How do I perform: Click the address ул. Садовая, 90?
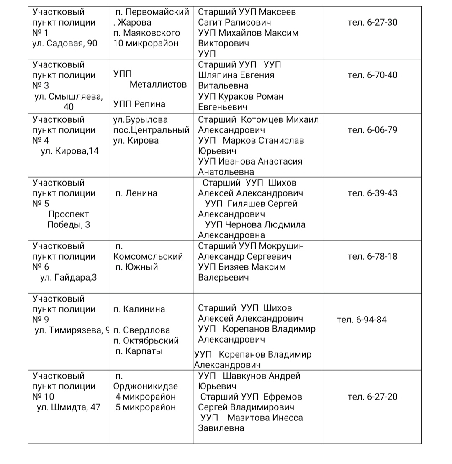[65, 43]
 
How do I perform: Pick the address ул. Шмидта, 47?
[69, 407]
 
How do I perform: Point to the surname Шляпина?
[218, 75]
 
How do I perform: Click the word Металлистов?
[158, 85]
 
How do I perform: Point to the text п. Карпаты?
[139, 351]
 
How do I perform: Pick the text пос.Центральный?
[151, 130]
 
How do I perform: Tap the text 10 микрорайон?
[146, 43]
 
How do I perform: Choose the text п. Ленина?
[136, 193]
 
